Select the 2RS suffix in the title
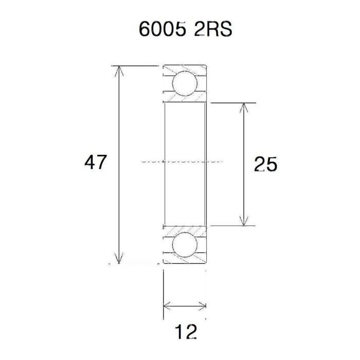212,29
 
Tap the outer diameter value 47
95,163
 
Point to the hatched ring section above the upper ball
185,68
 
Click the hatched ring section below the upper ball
185,99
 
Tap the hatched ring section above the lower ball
185,229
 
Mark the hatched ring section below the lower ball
185,261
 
